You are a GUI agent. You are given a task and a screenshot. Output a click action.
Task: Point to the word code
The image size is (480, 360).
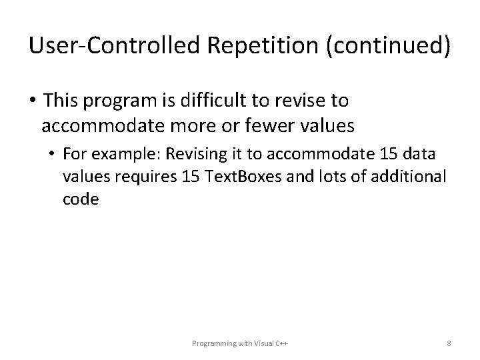81,199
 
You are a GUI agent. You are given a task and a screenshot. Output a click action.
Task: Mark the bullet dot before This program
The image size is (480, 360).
31,101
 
